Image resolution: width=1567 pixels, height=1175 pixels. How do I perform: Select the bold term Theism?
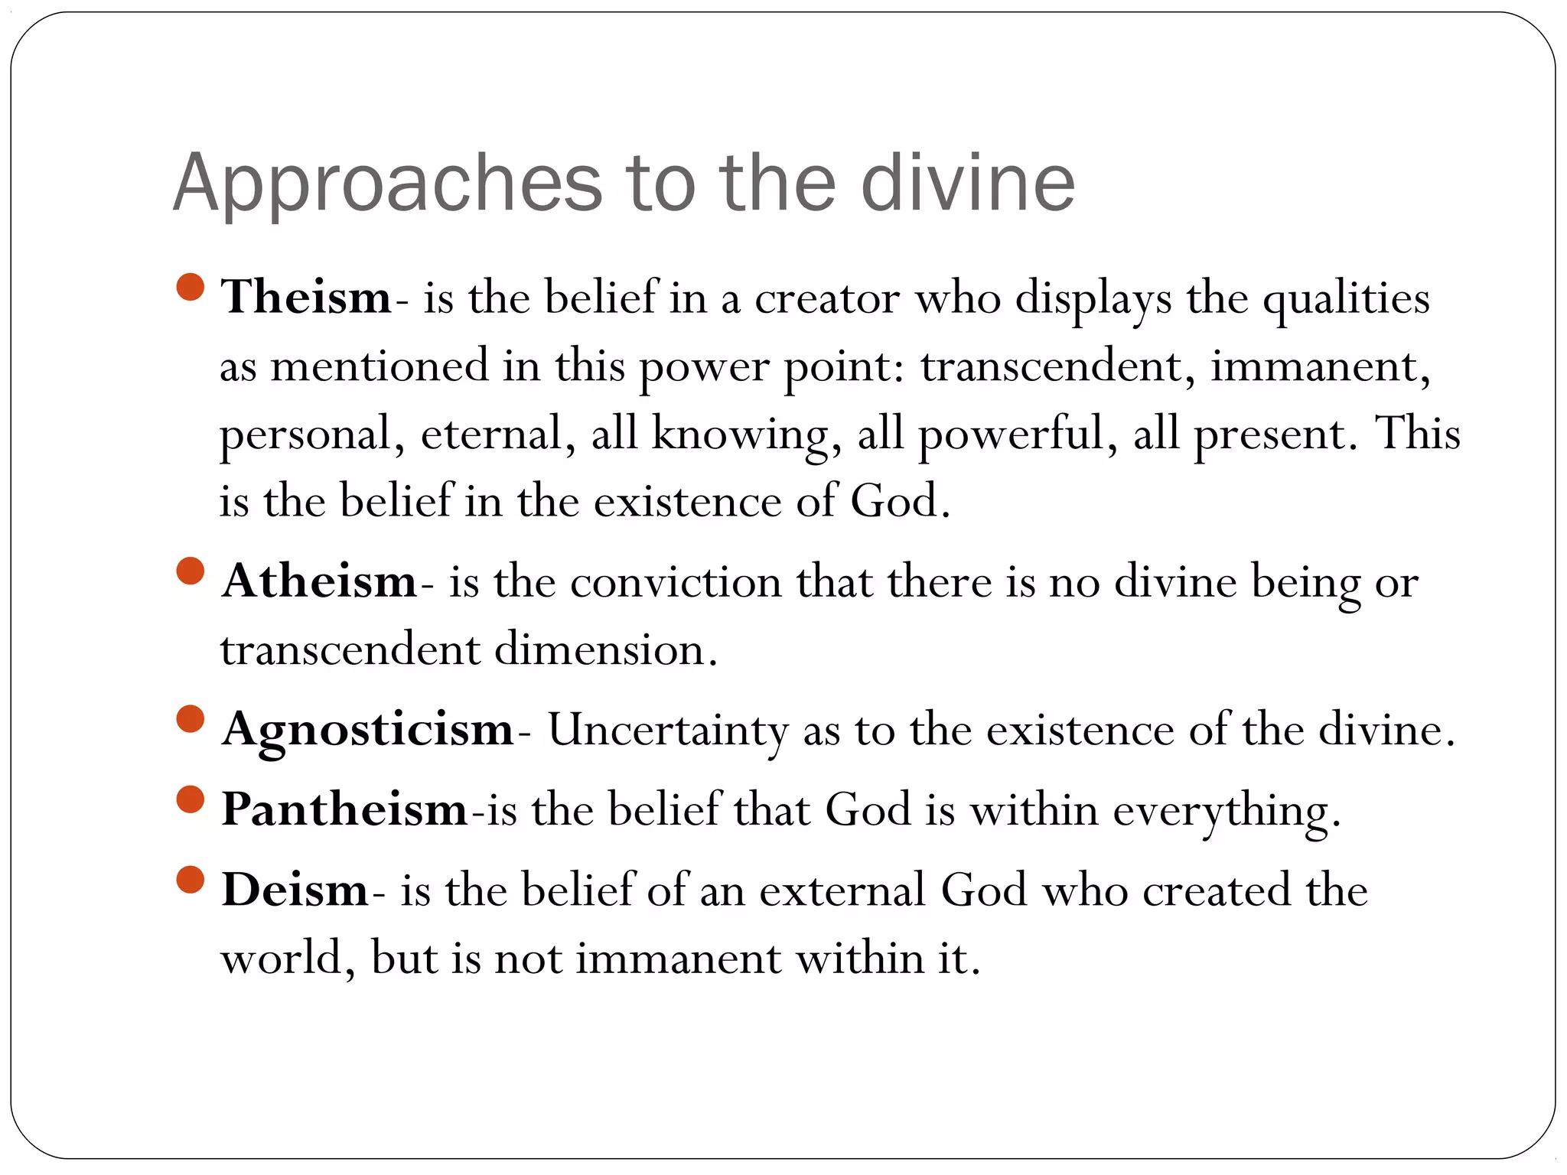click(306, 297)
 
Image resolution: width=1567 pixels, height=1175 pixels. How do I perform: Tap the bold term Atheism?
click(319, 581)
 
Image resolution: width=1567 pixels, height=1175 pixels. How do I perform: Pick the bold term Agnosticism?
click(367, 729)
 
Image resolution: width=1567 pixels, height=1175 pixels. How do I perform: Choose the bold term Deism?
click(295, 890)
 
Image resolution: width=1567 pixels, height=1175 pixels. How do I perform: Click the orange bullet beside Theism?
click(190, 287)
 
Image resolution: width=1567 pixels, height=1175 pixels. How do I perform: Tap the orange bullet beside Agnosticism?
click(190, 719)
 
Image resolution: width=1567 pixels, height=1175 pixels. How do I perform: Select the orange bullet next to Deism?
click(190, 880)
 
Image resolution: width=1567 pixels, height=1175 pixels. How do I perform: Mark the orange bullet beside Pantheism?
click(190, 799)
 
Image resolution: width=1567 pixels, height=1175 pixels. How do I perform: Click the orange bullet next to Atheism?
click(190, 571)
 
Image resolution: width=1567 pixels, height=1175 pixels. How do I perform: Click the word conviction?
click(675, 582)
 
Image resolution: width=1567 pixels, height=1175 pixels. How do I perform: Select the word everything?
click(1226, 811)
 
